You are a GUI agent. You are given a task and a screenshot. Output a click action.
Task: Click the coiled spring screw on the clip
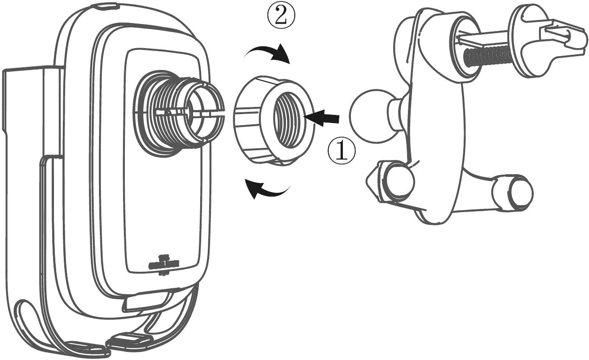point(486,56)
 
